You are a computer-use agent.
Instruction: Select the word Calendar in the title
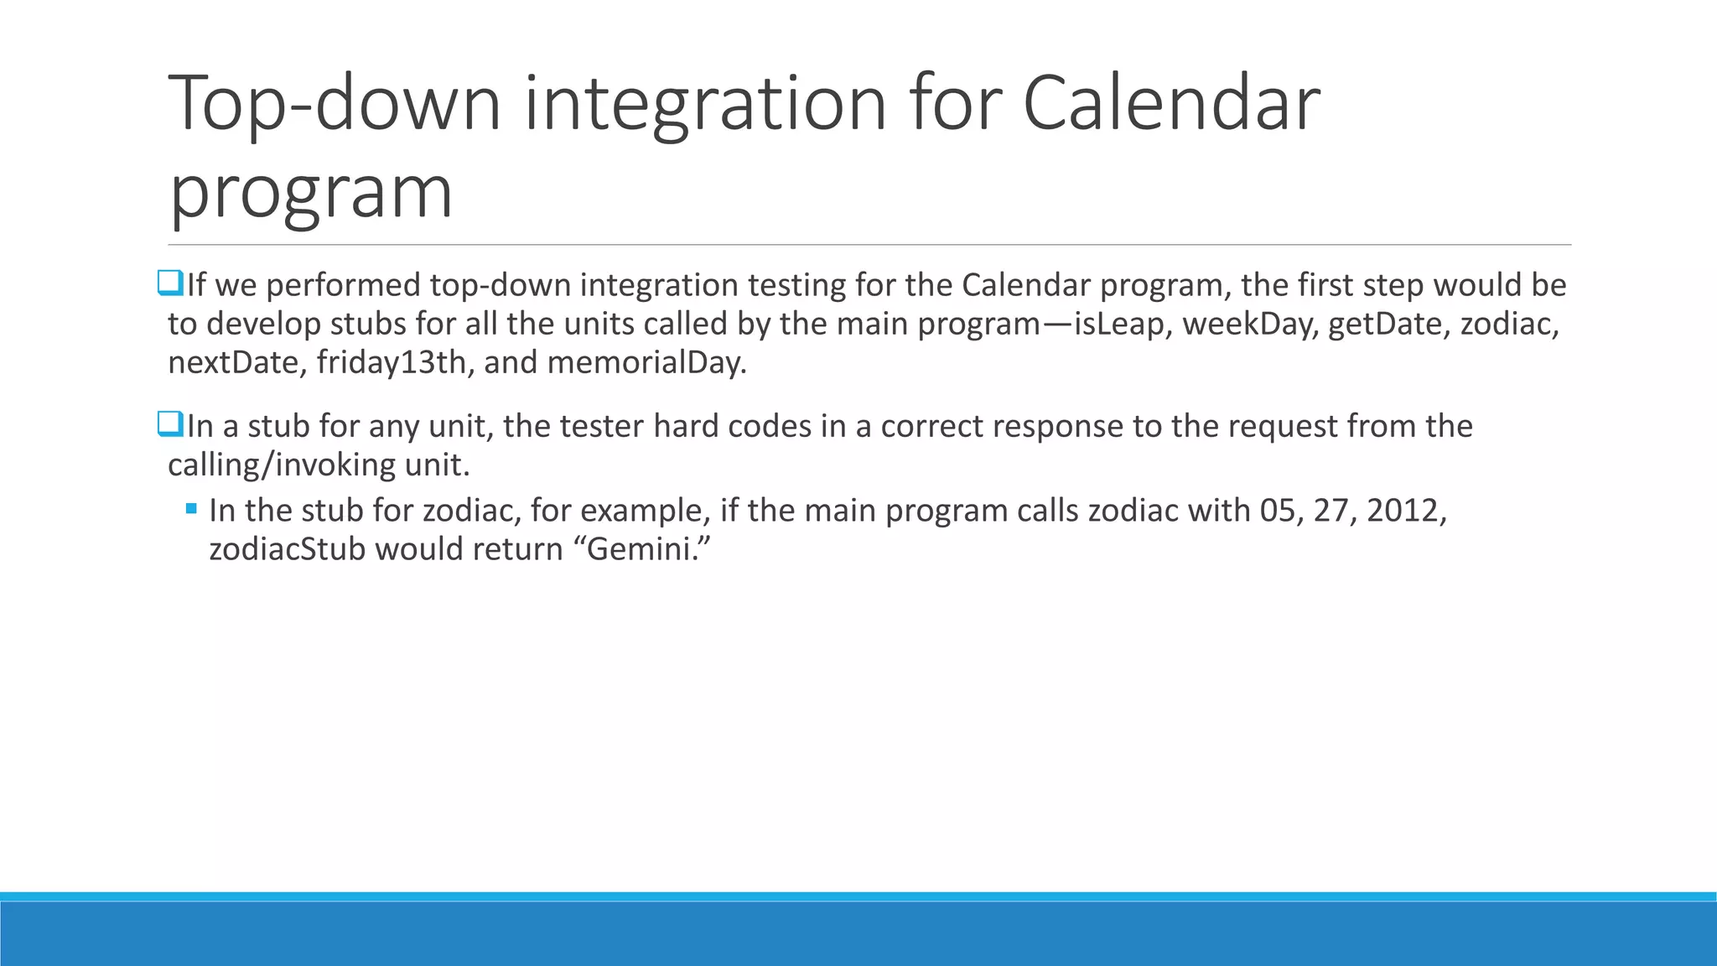tap(1171, 103)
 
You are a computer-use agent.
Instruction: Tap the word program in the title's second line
tap(311, 192)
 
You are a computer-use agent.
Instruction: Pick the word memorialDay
tap(646, 363)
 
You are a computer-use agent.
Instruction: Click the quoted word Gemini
tap(646, 549)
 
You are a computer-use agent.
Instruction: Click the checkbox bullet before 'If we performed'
tap(169, 283)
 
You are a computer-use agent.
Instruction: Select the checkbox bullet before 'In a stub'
tap(169, 424)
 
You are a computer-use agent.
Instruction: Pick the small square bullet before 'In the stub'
tap(192, 508)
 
